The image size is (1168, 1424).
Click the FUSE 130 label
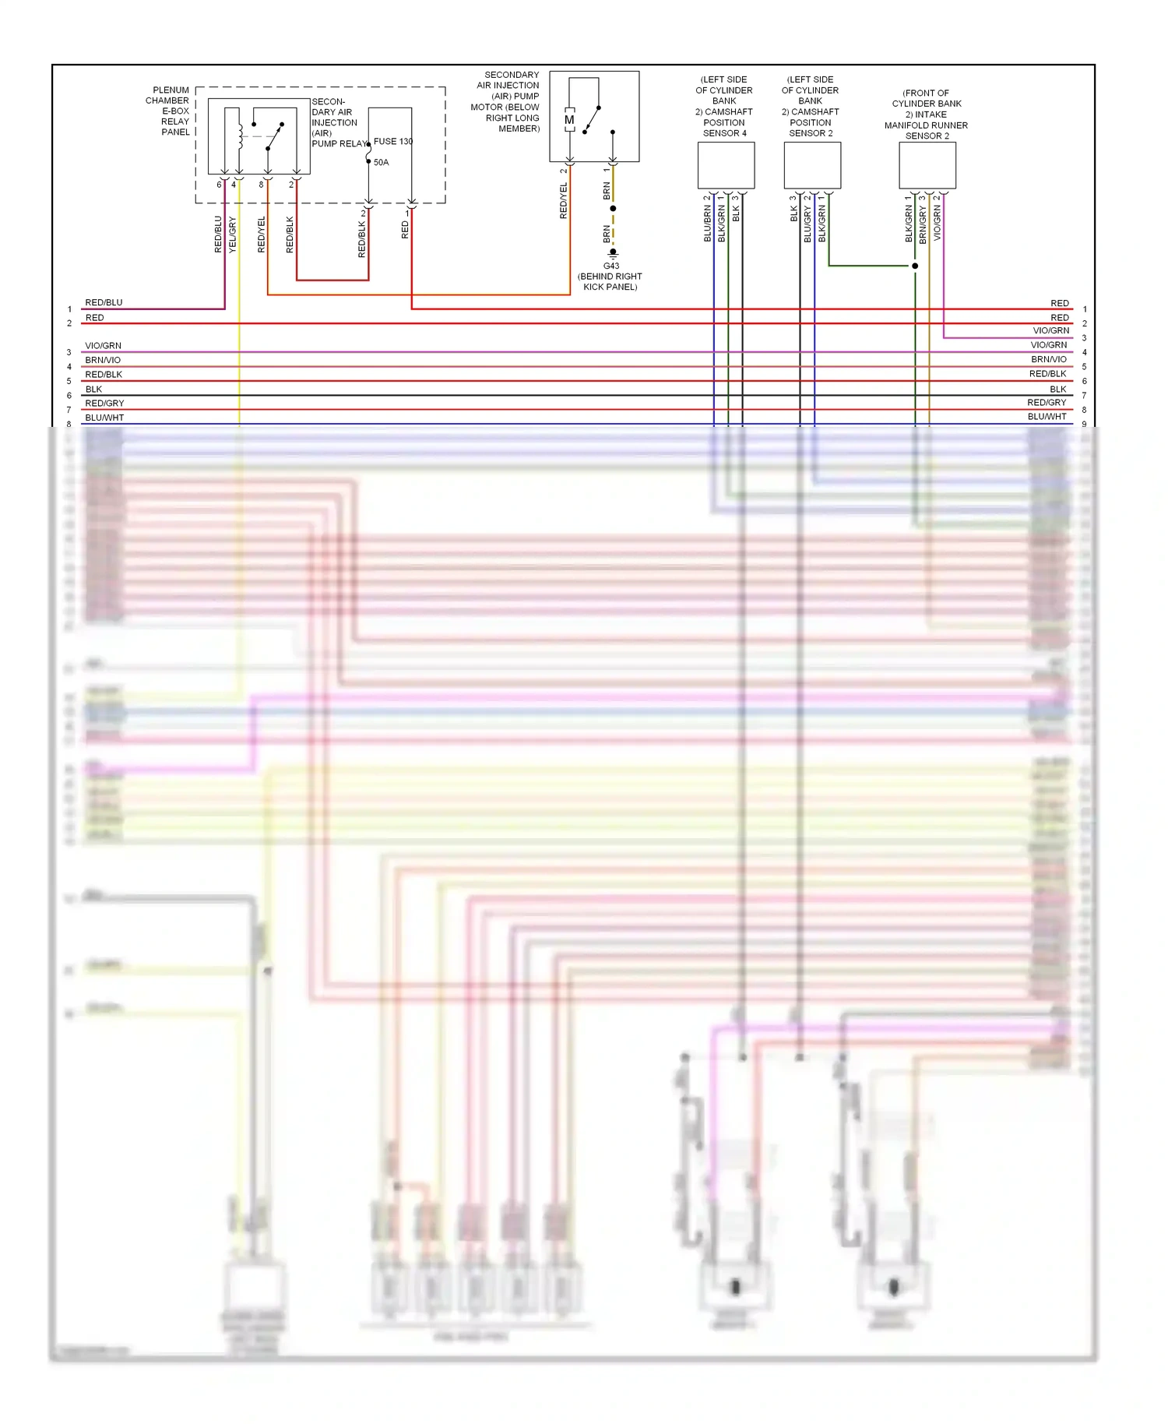[x=393, y=142]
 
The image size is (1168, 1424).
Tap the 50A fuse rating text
[x=381, y=163]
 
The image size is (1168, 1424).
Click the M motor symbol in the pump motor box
[x=569, y=120]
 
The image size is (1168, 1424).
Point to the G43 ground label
[x=611, y=266]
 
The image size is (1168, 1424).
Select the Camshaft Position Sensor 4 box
[x=726, y=165]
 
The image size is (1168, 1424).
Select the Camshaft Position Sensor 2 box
[x=812, y=165]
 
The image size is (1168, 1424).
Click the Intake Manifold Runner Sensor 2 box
[x=927, y=165]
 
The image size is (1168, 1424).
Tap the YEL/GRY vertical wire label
[x=232, y=234]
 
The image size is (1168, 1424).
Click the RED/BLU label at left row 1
[x=104, y=303]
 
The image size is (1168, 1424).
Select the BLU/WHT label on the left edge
[x=104, y=418]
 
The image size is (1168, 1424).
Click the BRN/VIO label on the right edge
[x=1048, y=360]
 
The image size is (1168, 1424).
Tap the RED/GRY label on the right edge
[x=1046, y=403]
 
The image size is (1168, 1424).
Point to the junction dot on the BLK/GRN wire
[x=915, y=266]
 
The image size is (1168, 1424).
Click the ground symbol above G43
[x=613, y=253]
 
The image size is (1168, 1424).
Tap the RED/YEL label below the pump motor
[x=564, y=201]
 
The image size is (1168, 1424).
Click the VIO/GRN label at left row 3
[x=103, y=346]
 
